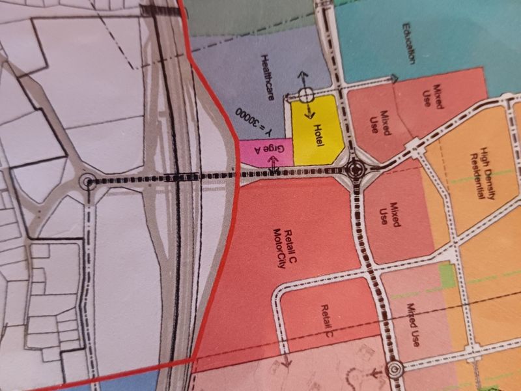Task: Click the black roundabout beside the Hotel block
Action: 354,171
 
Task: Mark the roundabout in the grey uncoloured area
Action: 86,182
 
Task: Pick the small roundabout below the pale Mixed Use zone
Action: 394,370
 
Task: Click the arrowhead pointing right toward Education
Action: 395,79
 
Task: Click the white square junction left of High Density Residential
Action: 412,145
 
